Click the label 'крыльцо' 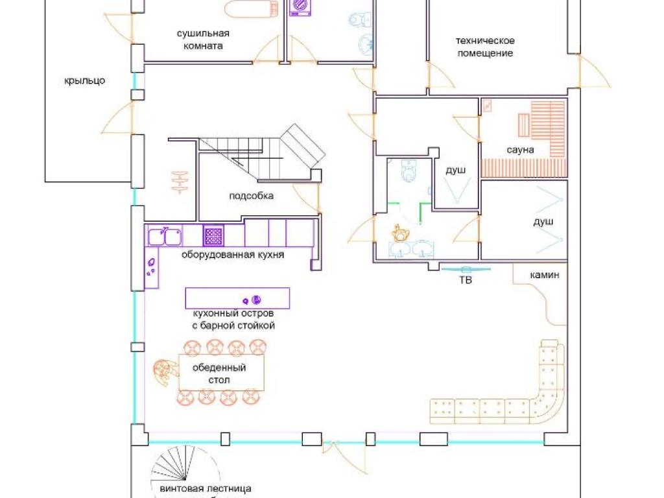tap(85, 80)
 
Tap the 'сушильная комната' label tap(203, 40)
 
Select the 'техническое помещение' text tap(485, 47)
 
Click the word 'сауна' tap(520, 150)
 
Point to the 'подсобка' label tap(251, 196)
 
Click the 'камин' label tap(545, 275)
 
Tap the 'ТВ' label tap(466, 280)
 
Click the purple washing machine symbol tap(300, 8)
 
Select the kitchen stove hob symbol tap(213, 235)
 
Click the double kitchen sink tap(165, 236)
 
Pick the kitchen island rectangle tap(237, 298)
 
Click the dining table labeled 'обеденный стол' tap(222, 372)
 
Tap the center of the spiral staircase tap(184, 479)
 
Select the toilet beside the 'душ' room tap(409, 171)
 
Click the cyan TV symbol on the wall tap(466, 269)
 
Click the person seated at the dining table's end tap(165, 372)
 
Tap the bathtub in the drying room tap(250, 8)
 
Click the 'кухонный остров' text tap(233, 313)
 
